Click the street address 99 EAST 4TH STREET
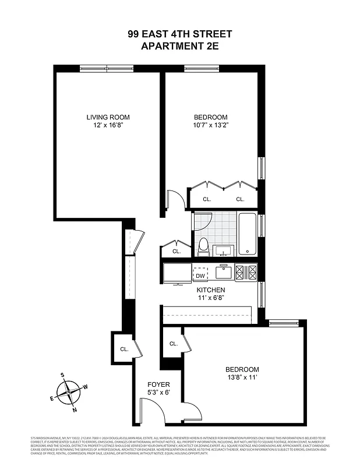point(179,34)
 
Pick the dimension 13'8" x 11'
point(242,378)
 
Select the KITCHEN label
point(210,290)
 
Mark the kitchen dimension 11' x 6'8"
point(210,298)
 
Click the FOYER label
point(158,384)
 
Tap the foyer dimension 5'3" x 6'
point(158,393)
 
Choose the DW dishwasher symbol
point(200,276)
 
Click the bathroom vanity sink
point(223,251)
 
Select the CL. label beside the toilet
point(177,252)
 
